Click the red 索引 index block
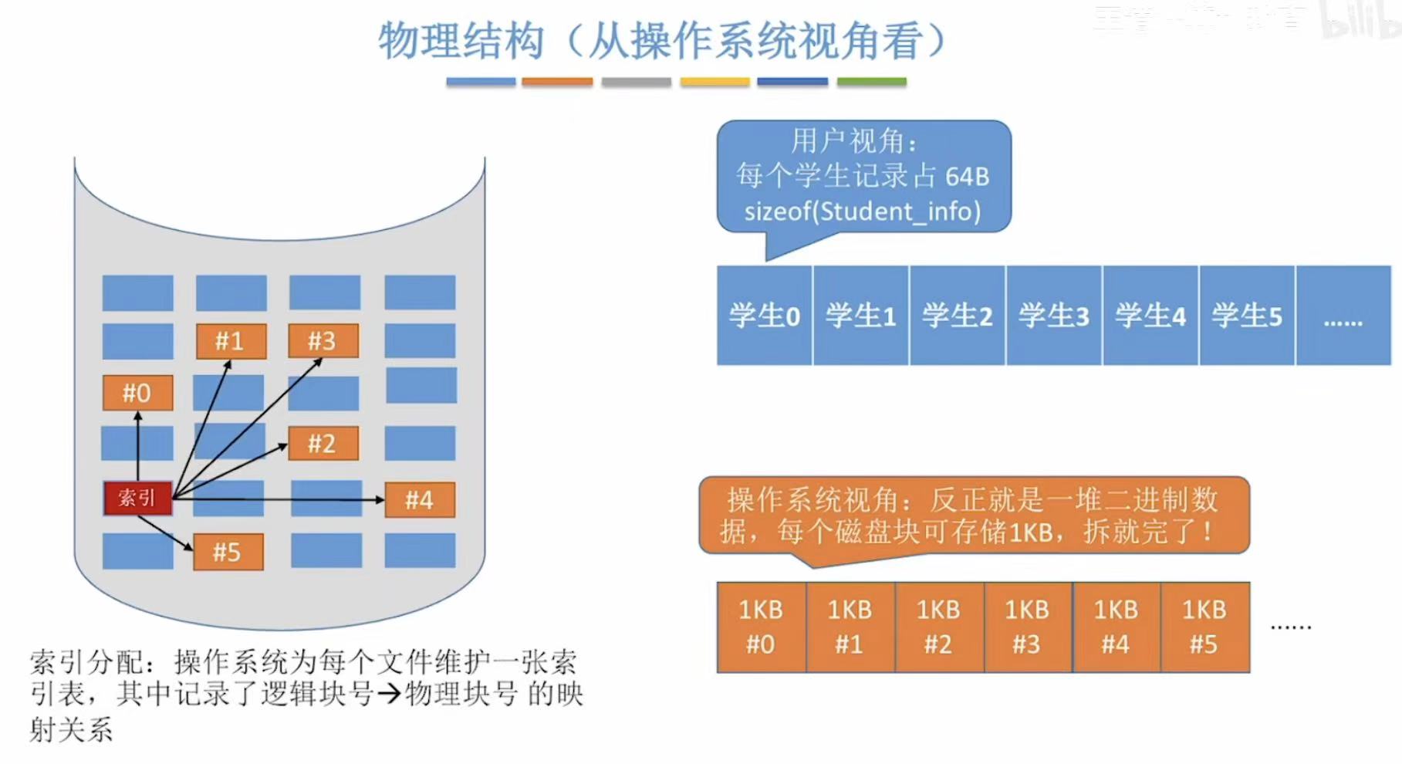pyautogui.click(x=137, y=498)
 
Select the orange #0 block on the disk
pyautogui.click(x=137, y=393)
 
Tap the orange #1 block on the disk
pyautogui.click(x=231, y=341)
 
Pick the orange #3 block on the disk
pyautogui.click(x=323, y=341)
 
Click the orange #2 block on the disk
pyautogui.click(x=323, y=444)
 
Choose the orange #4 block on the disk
pyautogui.click(x=420, y=500)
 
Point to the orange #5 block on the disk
pyautogui.click(x=228, y=552)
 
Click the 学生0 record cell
pyautogui.click(x=764, y=315)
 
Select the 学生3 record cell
pyautogui.click(x=1054, y=315)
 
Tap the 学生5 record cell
pyautogui.click(x=1247, y=315)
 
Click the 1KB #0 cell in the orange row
pyautogui.click(x=761, y=627)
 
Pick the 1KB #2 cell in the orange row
pyautogui.click(x=938, y=627)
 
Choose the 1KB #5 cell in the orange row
pyautogui.click(x=1204, y=627)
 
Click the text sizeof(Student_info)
pyautogui.click(x=863, y=211)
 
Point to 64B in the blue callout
pyautogui.click(x=967, y=177)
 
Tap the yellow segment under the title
pyautogui.click(x=715, y=82)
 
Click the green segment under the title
pyautogui.click(x=871, y=82)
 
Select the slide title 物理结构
pyautogui.click(x=461, y=40)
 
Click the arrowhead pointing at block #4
pyautogui.click(x=379, y=500)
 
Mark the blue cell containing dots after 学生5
pyautogui.click(x=1343, y=315)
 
